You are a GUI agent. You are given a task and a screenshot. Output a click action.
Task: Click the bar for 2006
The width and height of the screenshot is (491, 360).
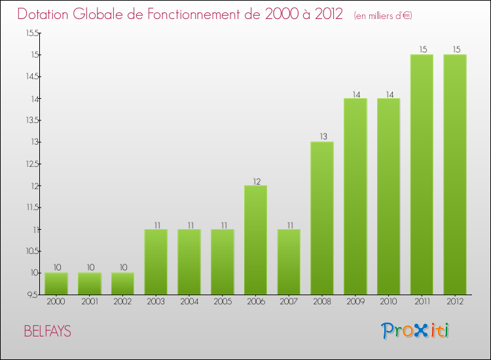(255, 240)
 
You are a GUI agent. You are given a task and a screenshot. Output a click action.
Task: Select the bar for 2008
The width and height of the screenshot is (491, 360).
(322, 218)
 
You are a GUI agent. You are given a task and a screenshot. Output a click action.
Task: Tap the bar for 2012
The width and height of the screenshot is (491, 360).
(455, 174)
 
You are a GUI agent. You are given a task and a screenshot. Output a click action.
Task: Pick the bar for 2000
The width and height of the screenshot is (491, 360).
(56, 283)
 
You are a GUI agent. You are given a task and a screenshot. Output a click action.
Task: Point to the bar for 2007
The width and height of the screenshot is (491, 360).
(289, 261)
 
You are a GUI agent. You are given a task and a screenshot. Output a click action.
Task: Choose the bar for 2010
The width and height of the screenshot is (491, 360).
(388, 196)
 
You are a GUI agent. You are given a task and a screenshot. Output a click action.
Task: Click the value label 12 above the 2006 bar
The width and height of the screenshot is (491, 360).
(255, 181)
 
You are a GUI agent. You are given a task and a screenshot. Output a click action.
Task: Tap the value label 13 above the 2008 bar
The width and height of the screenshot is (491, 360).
(322, 137)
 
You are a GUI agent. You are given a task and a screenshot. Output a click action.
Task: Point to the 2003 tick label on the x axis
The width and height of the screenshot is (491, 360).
(156, 301)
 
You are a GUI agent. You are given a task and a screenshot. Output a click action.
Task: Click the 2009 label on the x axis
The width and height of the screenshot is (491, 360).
(355, 301)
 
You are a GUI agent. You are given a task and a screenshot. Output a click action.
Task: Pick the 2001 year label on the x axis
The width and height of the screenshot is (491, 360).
(89, 301)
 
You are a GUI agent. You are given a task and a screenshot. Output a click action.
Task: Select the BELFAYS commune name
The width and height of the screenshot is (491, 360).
(47, 331)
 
